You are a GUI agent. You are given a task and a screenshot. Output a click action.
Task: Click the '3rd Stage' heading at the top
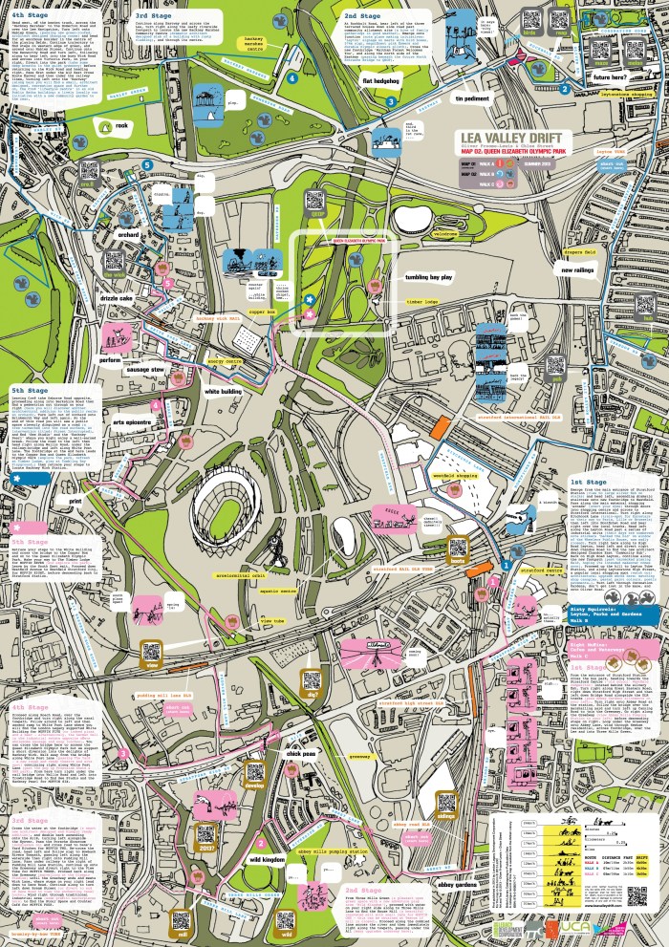coord(154,16)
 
